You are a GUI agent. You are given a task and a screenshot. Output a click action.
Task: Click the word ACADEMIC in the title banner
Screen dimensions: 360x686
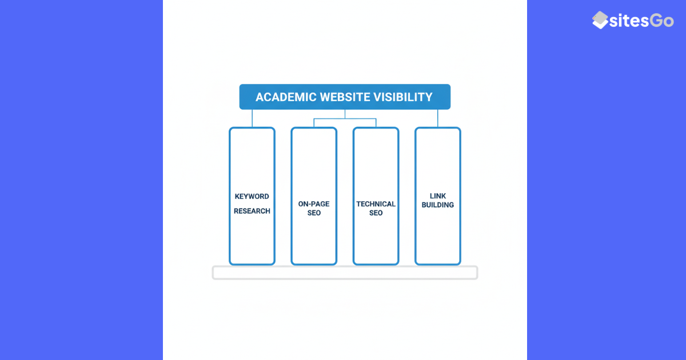(283, 97)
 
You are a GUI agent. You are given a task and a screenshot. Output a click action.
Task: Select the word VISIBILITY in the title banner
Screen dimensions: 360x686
(405, 97)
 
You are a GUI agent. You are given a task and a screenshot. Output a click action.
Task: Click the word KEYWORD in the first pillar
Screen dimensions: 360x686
(252, 197)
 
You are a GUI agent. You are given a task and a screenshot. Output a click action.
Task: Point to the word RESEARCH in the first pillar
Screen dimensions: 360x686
(252, 211)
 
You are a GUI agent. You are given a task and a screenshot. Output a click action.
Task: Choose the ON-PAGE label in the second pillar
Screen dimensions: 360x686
(314, 204)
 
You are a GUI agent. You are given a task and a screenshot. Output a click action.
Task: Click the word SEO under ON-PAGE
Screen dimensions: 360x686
(314, 213)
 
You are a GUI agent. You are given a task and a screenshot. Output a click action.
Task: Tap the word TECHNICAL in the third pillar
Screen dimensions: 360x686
(376, 204)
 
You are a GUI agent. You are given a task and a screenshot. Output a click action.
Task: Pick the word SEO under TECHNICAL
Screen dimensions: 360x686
(376, 213)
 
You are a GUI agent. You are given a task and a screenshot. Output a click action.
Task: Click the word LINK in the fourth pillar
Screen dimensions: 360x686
(438, 196)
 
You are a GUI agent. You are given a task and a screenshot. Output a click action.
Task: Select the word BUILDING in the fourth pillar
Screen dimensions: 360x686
(438, 205)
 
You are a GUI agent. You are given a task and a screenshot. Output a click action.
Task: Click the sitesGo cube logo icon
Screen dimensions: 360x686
(600, 20)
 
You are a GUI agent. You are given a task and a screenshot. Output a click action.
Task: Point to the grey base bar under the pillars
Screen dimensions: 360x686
(345, 273)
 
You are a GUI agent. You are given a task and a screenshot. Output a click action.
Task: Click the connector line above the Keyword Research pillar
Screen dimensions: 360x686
(252, 118)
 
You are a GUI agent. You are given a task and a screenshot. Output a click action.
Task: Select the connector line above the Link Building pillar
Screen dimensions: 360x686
(438, 118)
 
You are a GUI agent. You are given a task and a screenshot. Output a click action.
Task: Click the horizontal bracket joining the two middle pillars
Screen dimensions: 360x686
(345, 119)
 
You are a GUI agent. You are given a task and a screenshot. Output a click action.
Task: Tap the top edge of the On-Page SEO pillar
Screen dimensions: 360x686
(314, 128)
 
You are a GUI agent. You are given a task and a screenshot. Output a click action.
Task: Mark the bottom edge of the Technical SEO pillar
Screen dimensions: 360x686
(376, 264)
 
